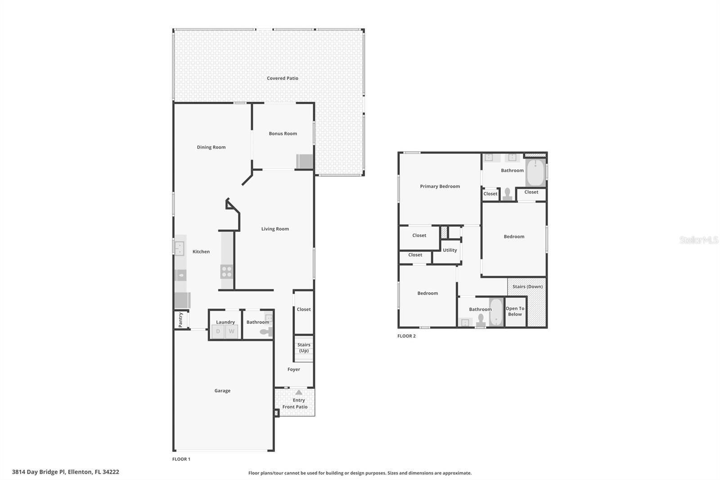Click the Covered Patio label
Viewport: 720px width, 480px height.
282,78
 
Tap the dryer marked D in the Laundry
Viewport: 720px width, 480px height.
218,331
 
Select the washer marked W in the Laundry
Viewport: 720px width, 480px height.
232,331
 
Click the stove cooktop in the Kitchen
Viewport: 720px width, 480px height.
227,272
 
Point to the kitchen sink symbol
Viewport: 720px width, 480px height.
180,248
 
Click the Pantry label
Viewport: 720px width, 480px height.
180,320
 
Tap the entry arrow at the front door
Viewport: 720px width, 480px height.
299,393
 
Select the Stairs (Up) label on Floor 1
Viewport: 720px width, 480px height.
304,348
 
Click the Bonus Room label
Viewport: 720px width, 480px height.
283,134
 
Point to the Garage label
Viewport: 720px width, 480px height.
222,391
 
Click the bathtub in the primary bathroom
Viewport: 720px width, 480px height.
535,173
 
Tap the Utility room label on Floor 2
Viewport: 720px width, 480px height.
450,250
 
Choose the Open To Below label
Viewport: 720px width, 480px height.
515,312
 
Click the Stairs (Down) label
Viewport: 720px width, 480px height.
527,287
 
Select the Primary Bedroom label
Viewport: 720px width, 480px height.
440,186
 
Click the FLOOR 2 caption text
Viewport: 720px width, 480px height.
406,336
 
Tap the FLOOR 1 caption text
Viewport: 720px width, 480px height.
181,459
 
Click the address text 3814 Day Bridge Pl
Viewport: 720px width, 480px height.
65,472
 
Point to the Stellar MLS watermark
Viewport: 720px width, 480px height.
698,240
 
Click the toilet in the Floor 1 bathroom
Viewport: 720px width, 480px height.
266,332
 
